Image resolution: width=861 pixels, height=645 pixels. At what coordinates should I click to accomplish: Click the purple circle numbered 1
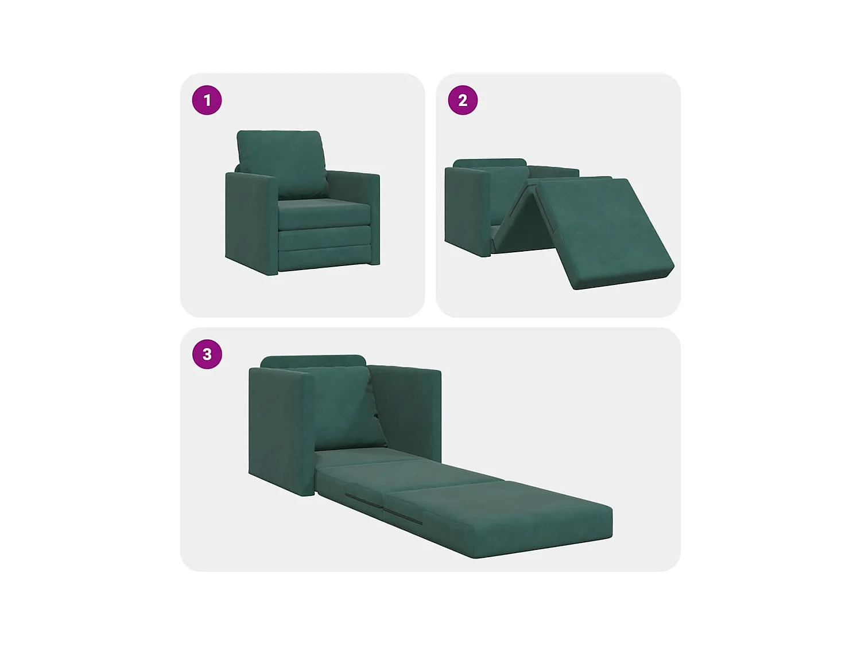click(207, 100)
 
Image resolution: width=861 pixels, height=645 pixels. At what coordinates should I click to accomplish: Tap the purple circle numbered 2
click(463, 100)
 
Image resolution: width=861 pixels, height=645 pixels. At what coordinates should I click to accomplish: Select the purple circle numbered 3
click(207, 354)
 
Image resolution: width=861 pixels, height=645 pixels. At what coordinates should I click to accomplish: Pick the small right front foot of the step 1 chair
click(375, 261)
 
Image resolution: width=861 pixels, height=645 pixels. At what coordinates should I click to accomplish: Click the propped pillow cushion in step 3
click(344, 407)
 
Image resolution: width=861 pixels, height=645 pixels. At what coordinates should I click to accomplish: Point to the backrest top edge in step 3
click(313, 361)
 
